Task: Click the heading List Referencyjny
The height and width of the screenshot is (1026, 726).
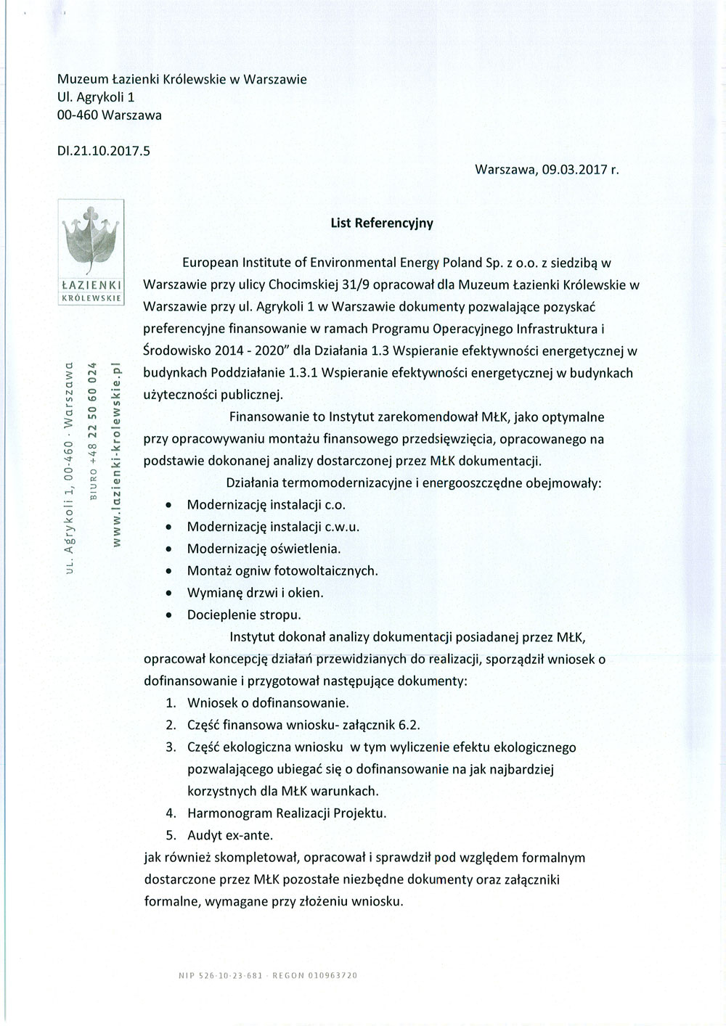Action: (x=382, y=223)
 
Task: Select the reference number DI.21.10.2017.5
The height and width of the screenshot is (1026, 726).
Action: (x=103, y=151)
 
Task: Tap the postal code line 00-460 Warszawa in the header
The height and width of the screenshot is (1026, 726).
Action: (x=110, y=115)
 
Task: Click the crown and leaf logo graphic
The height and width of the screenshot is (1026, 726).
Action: (x=92, y=240)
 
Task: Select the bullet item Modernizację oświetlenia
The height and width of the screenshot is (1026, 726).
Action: (x=264, y=549)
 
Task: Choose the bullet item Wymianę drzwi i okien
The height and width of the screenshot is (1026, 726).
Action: (x=255, y=593)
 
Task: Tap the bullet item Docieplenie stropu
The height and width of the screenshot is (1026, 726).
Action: (x=244, y=615)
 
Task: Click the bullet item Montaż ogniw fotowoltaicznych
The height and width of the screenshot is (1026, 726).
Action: (x=282, y=571)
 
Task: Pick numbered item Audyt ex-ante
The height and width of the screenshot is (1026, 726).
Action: (x=230, y=834)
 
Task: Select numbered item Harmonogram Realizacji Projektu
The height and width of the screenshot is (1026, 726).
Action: (x=287, y=813)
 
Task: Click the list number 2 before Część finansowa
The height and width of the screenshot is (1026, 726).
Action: (x=171, y=725)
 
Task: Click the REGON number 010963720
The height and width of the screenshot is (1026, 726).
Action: (x=333, y=976)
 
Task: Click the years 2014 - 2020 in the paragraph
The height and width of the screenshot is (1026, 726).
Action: (x=248, y=351)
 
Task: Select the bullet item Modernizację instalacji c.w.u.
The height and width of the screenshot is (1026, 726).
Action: (x=273, y=527)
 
